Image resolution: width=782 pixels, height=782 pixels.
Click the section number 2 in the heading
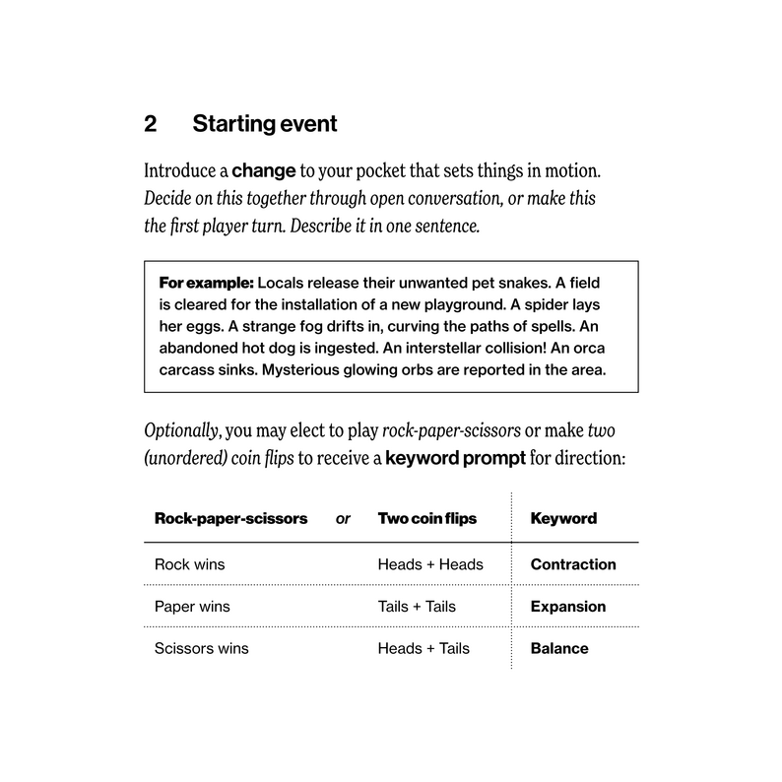click(x=151, y=124)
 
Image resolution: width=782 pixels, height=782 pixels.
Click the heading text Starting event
click(x=264, y=124)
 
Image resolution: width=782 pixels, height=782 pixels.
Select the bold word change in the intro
click(x=264, y=170)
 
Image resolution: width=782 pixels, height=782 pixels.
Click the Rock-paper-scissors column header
click(x=230, y=518)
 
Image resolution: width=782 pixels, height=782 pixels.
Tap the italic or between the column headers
click(x=343, y=518)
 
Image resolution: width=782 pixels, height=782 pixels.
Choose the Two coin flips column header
click(x=427, y=518)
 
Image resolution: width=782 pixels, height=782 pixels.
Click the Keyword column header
click(x=563, y=518)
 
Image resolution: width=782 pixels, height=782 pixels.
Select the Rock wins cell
click(x=189, y=564)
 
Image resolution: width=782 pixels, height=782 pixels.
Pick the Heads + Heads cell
click(x=430, y=564)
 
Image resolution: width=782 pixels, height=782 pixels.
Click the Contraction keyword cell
click(x=573, y=564)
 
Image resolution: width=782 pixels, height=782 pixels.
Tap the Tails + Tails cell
click(x=417, y=606)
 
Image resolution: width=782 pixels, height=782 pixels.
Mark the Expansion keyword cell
click(x=568, y=606)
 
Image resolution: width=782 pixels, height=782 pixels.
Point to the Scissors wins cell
click(x=202, y=648)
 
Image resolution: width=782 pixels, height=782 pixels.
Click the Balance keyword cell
click(x=559, y=648)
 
